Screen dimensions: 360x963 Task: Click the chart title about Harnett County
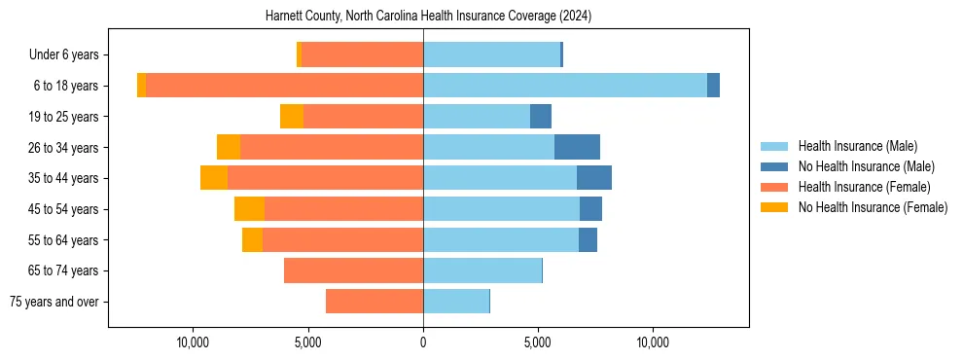[428, 17]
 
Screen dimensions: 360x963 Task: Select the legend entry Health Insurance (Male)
[856, 146]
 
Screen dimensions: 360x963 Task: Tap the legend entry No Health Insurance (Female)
[873, 207]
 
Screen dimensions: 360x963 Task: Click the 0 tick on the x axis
[423, 342]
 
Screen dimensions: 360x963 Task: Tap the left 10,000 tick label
[193, 342]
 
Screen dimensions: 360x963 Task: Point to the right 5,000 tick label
[538, 342]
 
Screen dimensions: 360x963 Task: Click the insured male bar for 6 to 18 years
[564, 86]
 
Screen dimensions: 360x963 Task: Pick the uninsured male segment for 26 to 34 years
[577, 147]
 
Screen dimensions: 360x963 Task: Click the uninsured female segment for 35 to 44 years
[214, 178]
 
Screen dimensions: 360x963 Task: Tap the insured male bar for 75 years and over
[455, 302]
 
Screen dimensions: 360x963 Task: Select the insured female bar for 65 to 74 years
[353, 270]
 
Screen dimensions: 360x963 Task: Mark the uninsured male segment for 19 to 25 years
[541, 117]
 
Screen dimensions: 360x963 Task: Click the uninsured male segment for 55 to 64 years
[588, 240]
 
